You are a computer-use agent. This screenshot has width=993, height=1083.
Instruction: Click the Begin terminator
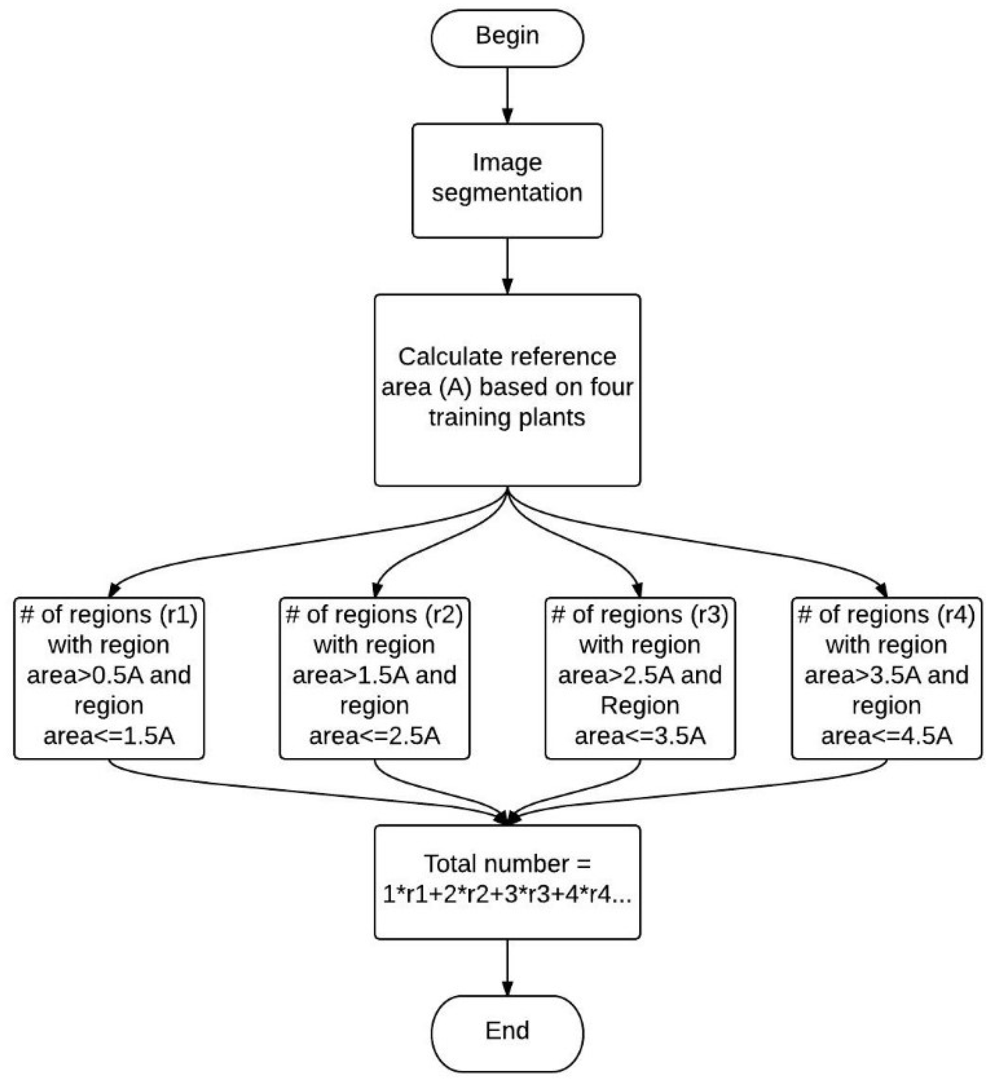507,38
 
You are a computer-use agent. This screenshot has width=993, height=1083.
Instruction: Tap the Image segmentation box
507,181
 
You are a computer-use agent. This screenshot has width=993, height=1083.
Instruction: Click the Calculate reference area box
507,390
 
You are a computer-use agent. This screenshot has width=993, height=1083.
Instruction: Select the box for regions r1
109,678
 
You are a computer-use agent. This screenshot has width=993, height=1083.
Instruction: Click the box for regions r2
374,678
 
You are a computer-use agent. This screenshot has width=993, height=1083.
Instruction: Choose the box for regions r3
640,678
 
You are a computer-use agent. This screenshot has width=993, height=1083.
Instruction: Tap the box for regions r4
886,678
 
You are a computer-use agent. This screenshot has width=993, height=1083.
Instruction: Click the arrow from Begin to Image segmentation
507,96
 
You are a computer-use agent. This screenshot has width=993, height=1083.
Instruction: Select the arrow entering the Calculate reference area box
507,266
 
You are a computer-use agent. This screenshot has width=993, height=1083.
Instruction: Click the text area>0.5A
85,675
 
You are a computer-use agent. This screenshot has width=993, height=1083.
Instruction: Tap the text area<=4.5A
886,736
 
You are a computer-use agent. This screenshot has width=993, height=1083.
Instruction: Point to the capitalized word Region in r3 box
640,705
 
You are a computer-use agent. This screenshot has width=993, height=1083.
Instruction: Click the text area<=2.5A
374,736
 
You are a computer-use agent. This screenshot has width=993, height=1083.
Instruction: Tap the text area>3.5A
863,675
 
